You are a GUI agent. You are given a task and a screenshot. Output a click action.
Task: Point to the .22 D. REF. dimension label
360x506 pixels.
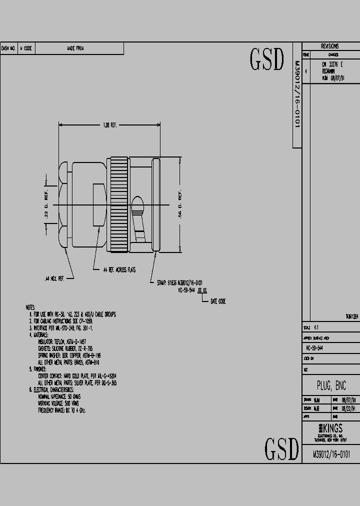(46, 204)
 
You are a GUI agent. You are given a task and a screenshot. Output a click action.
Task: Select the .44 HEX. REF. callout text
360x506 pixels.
(54, 277)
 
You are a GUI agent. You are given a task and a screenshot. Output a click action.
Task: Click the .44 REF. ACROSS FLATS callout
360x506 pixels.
(119, 270)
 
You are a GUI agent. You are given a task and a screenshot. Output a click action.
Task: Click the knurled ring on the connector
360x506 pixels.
(119, 204)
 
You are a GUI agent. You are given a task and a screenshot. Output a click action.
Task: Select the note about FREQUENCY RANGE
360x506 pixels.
(62, 410)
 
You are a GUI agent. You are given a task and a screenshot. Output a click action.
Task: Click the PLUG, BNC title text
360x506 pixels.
(331, 385)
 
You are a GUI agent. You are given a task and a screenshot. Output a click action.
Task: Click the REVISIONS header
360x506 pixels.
(330, 46)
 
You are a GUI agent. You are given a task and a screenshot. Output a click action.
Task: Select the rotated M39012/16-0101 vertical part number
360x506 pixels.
(296, 95)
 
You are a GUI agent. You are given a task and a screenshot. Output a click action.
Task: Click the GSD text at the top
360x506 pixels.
(266, 60)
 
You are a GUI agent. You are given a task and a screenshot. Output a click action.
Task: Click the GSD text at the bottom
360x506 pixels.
(281, 448)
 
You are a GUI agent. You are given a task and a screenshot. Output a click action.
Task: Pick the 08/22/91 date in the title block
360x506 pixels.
(348, 408)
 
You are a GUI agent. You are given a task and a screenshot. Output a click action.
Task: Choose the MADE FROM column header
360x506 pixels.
(75, 48)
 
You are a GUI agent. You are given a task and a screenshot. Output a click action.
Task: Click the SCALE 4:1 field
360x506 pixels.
(312, 327)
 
